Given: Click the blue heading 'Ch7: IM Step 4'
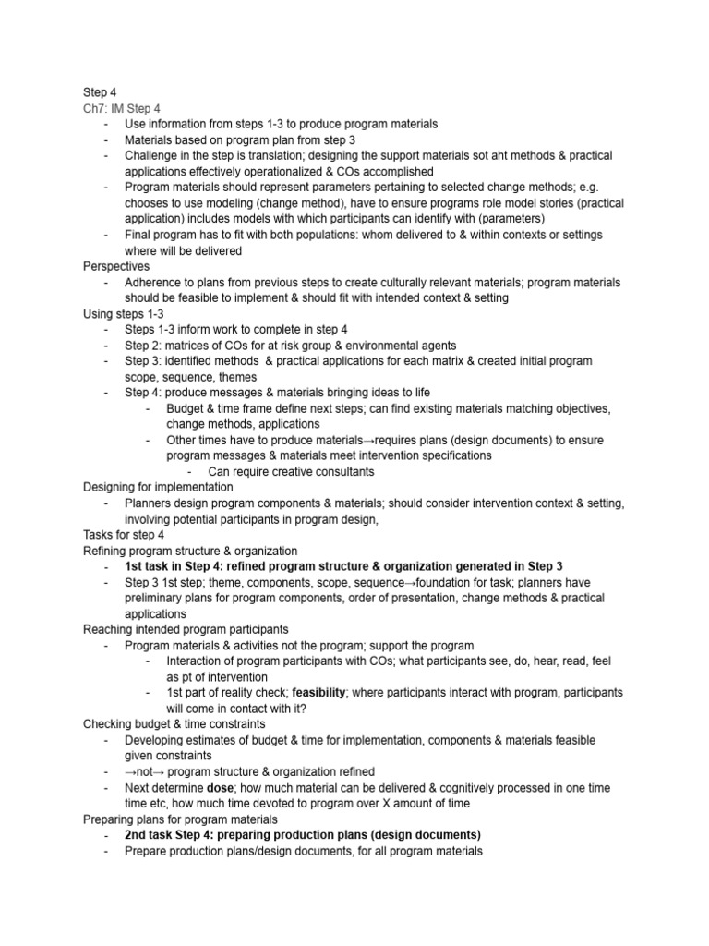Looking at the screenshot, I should click(x=121, y=108).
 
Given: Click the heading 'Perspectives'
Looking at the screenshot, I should click(x=116, y=266).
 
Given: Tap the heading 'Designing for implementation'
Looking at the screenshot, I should click(x=158, y=487).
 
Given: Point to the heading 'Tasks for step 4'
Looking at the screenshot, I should click(x=124, y=535).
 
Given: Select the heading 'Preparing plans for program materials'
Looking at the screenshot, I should click(x=181, y=819).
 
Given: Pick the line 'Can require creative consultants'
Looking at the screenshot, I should click(x=278, y=471).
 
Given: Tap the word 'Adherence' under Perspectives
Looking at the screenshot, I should click(x=155, y=282).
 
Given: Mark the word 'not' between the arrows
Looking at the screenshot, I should click(x=149, y=771).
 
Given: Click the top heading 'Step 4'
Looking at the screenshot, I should click(x=101, y=92).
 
